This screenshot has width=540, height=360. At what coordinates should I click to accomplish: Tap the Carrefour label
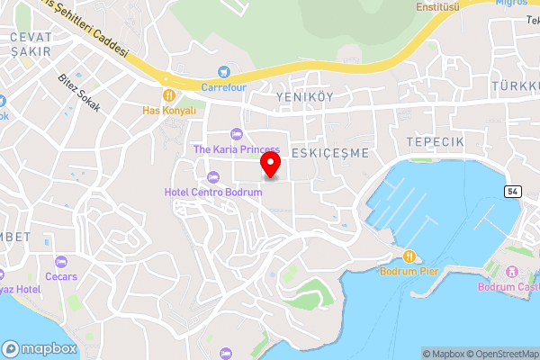pyautogui.click(x=223, y=87)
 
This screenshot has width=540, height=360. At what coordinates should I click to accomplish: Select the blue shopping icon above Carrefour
pyautogui.click(x=223, y=71)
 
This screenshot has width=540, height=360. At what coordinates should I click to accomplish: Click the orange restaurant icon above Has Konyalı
pyautogui.click(x=168, y=94)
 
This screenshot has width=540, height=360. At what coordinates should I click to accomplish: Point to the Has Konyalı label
pyautogui.click(x=168, y=110)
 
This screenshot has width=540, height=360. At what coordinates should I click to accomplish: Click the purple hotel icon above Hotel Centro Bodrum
pyautogui.click(x=212, y=176)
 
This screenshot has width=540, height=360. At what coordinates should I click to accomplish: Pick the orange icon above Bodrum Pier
pyautogui.click(x=409, y=256)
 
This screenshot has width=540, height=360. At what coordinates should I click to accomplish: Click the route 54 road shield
pyautogui.click(x=513, y=192)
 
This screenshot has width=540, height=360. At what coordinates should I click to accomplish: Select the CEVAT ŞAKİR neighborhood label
pyautogui.click(x=31, y=44)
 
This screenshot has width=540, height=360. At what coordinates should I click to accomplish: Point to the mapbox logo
pyautogui.click(x=38, y=348)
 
